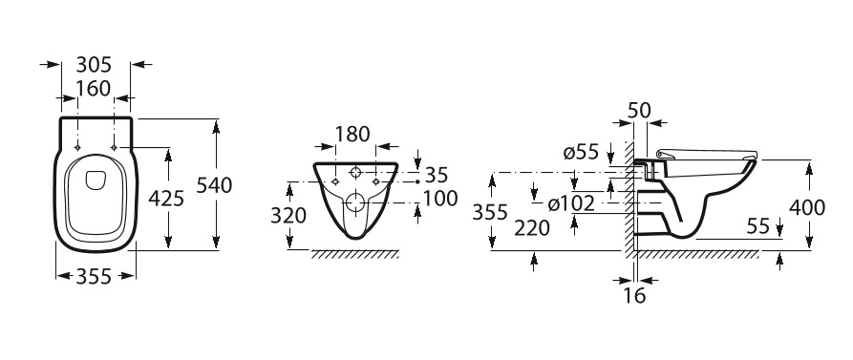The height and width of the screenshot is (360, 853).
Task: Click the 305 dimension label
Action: click(94, 65)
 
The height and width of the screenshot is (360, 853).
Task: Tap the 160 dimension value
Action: click(94, 88)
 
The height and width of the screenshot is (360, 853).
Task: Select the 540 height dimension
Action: click(214, 185)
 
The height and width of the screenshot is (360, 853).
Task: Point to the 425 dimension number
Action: click(166, 199)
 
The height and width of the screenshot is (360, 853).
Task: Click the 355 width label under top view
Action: click(94, 277)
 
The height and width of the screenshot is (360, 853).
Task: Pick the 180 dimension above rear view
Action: click(352, 134)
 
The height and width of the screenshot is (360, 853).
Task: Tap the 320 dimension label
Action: click(288, 216)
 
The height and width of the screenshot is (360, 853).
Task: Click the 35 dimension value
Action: click(437, 175)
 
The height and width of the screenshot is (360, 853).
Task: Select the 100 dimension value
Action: click(440, 199)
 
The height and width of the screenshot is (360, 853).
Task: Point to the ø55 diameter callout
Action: click(581, 153)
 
